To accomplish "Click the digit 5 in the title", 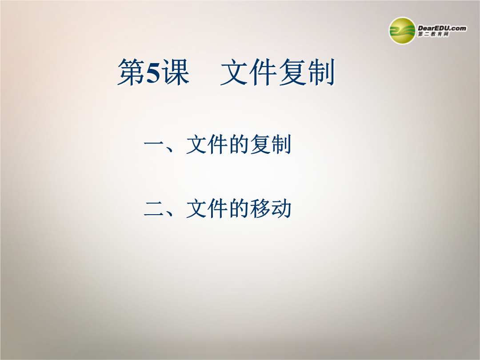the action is (x=153, y=72).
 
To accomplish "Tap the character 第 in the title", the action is (x=131, y=72).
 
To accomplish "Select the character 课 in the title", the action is (x=176, y=72).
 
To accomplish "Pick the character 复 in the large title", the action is (x=292, y=72).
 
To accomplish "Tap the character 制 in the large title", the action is (x=320, y=72).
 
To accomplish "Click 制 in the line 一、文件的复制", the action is (x=281, y=144).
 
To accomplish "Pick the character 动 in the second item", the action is (x=281, y=208).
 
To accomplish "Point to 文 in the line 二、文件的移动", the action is (x=196, y=208).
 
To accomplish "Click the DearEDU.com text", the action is (x=442, y=28).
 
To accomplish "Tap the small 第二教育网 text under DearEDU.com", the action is (x=433, y=34).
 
